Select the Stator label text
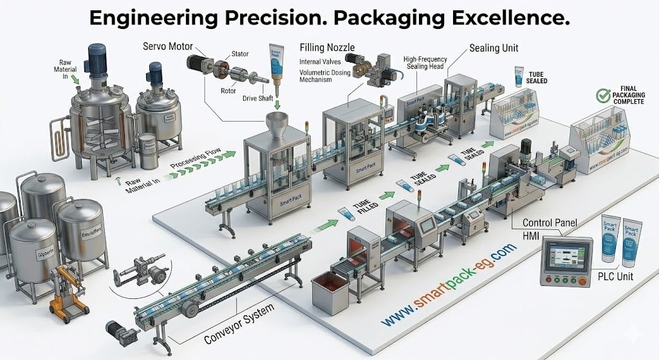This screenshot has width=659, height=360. tap(241, 58)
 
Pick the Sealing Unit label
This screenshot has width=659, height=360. tap(494, 48)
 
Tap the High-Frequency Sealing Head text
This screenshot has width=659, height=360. tap(425, 63)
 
